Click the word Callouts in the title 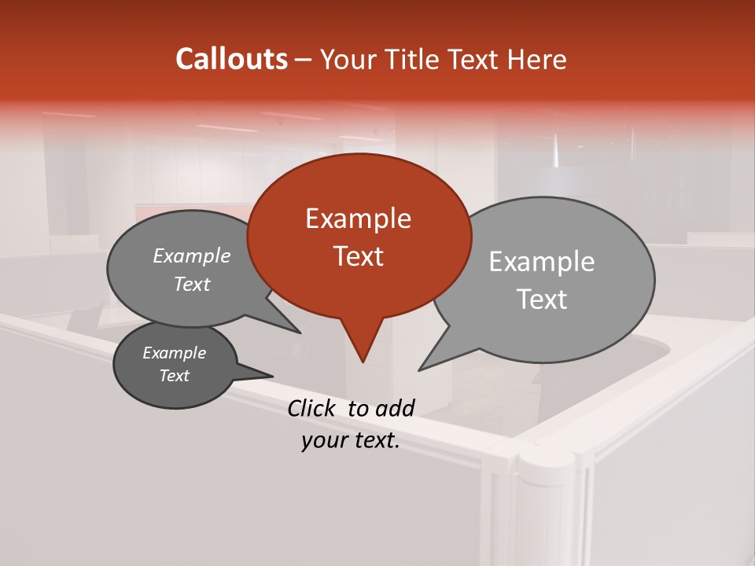[231, 59]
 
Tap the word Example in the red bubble [358, 219]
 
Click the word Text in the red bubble [358, 256]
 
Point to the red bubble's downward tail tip [363, 362]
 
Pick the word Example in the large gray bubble [542, 262]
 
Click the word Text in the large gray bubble [542, 300]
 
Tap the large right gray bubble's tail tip [419, 370]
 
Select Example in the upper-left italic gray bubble [191, 256]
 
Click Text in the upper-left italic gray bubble [191, 285]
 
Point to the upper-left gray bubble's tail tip [300, 333]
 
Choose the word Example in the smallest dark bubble [174, 353]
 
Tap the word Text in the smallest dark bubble [174, 376]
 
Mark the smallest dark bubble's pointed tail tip [273, 376]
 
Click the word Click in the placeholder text [312, 408]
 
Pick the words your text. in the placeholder [350, 441]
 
